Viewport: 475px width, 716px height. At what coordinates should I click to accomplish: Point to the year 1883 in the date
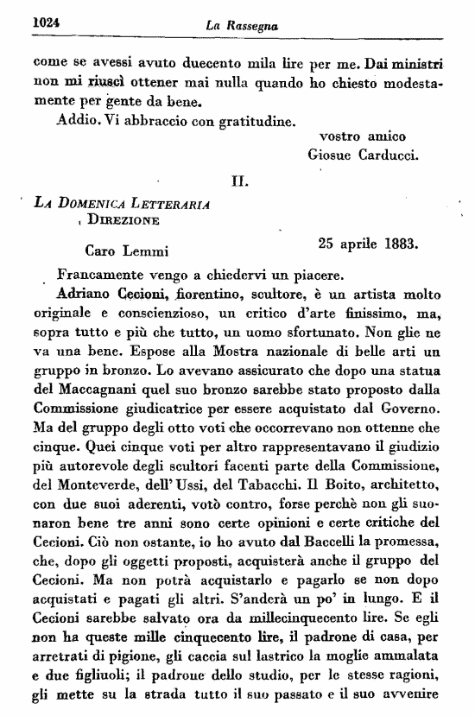(399, 243)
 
